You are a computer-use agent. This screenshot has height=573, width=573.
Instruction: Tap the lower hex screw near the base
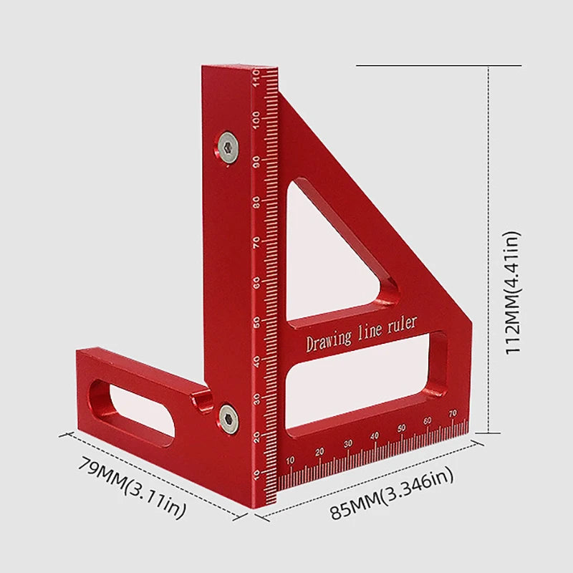[228, 418]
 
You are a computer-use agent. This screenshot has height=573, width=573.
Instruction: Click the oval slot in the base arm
[133, 409]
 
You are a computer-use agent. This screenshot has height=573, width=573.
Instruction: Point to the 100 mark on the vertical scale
[256, 121]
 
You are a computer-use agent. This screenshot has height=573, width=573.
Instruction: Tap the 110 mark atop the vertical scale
[256, 76]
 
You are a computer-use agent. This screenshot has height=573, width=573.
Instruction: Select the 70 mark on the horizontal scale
[453, 414]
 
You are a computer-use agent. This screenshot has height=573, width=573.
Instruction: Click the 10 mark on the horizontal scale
[290, 459]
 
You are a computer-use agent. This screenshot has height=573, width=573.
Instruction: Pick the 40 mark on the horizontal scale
[374, 435]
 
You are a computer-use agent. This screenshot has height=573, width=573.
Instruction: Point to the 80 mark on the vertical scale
[256, 202]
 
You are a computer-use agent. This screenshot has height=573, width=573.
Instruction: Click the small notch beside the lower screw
[204, 398]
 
